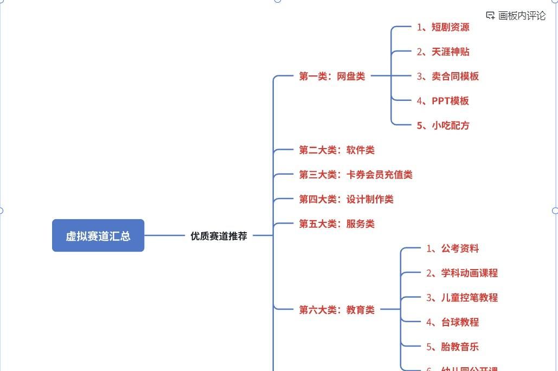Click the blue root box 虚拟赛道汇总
click(x=98, y=235)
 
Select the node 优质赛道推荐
click(x=219, y=236)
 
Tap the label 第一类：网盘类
click(x=332, y=76)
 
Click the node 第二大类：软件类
click(x=337, y=150)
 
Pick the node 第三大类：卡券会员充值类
click(x=356, y=175)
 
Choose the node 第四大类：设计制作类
click(x=346, y=199)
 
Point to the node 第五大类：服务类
click(x=337, y=223)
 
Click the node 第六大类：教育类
click(x=337, y=310)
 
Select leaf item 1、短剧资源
click(x=443, y=27)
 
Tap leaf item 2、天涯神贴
click(x=443, y=52)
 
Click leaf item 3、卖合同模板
click(x=448, y=76)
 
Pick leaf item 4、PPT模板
click(x=443, y=101)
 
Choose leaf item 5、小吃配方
click(x=443, y=125)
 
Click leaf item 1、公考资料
click(x=452, y=248)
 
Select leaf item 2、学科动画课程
click(x=462, y=273)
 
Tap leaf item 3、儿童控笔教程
click(x=462, y=297)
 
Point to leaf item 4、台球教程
click(x=452, y=322)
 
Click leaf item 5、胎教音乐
click(x=452, y=347)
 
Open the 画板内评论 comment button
click(x=516, y=16)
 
